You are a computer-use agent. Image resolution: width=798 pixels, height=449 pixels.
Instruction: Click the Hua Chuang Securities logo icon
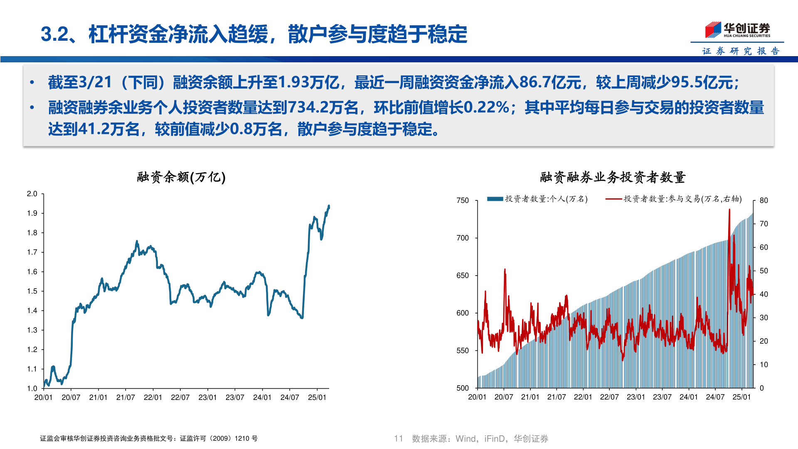click(x=713, y=30)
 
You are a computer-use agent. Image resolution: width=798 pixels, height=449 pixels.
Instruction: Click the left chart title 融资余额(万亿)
click(x=181, y=177)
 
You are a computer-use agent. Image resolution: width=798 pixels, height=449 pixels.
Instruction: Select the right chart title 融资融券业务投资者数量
click(x=613, y=177)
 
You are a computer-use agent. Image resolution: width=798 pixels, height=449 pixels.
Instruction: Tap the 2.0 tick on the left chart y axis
click(x=32, y=194)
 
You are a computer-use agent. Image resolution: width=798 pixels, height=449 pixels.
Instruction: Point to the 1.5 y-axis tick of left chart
click(x=32, y=291)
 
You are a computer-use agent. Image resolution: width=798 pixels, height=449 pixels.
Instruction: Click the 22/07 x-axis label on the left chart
click(x=180, y=397)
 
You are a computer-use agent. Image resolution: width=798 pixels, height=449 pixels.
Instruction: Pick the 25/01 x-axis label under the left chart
click(x=317, y=397)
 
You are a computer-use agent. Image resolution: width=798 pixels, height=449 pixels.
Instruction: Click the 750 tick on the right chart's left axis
click(x=463, y=200)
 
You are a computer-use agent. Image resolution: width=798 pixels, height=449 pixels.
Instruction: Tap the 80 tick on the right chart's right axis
click(x=764, y=200)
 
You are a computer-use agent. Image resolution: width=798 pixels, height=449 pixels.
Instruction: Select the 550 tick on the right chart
click(x=463, y=350)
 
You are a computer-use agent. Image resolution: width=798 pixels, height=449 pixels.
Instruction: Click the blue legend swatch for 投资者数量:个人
click(x=495, y=199)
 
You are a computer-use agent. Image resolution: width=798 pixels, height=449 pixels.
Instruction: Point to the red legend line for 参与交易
click(x=613, y=199)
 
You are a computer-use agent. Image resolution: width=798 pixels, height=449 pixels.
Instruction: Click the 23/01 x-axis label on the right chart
click(x=636, y=397)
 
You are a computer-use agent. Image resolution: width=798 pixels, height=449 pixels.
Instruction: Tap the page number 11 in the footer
click(x=399, y=438)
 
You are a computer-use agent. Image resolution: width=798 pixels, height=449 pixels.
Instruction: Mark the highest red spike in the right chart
click(x=729, y=210)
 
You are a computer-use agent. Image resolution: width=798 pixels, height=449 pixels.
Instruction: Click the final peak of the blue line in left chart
click(x=329, y=206)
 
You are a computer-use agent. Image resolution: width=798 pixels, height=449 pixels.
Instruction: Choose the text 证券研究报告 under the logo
click(x=741, y=51)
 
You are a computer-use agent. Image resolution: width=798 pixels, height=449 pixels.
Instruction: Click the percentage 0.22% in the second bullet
click(x=486, y=107)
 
